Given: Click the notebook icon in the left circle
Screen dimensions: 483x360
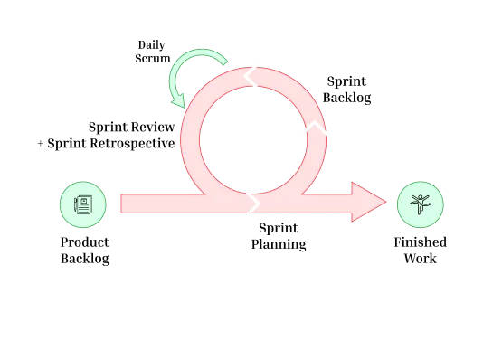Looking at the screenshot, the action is coord(82,205).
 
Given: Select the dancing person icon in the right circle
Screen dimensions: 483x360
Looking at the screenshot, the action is coord(420,204).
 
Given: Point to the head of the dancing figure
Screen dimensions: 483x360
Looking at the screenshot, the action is coord(420,198).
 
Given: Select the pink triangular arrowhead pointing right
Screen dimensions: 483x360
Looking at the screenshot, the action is coord(368,203).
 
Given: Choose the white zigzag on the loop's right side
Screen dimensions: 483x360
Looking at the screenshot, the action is coord(314,132).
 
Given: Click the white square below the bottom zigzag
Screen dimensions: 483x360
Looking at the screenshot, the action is coord(246,219).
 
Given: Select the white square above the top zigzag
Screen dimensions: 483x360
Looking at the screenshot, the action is coord(257,62).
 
